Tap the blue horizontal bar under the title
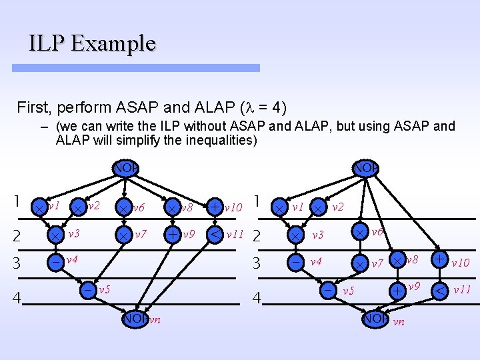144,68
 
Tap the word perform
82,106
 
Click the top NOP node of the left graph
125,168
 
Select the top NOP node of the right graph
365,168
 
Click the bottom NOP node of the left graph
135,319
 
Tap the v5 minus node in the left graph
88,290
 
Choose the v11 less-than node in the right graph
441,290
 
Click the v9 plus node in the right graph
397,291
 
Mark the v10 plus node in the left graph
215,207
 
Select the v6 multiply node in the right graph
360,232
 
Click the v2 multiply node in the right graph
319,207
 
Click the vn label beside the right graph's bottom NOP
399,322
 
